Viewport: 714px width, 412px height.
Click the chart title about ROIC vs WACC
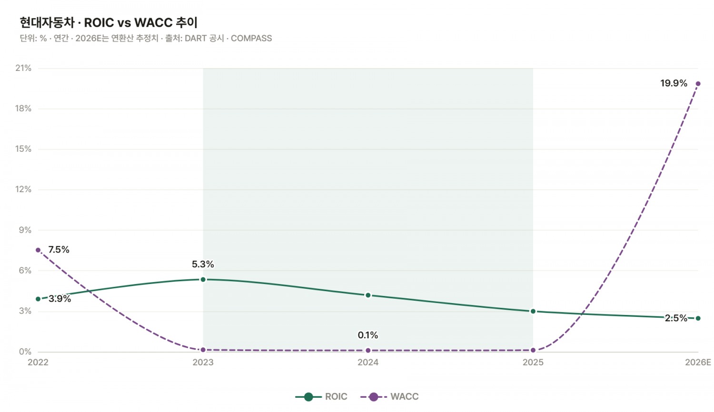109,23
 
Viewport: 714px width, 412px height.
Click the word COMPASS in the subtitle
251,38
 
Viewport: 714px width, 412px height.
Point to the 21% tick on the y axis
23,68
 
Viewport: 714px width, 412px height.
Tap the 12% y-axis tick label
23,189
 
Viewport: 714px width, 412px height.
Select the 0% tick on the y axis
25,352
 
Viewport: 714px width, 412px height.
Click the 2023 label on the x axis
203,363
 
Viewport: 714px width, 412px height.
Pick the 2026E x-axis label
698,363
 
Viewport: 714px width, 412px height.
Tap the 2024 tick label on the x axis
368,363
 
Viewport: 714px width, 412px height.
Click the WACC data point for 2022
38,250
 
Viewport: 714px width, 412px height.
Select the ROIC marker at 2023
203,279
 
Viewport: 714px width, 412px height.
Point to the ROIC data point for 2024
368,295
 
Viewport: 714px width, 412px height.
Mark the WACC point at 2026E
698,84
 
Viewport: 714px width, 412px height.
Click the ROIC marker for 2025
533,311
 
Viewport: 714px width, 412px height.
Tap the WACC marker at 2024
368,351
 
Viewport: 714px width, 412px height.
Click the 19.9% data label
674,83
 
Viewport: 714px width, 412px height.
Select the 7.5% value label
59,249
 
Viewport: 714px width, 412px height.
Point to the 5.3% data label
203,264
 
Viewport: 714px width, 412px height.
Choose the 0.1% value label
368,335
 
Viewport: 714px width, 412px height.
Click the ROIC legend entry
321,397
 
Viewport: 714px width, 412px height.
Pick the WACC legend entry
389,397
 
